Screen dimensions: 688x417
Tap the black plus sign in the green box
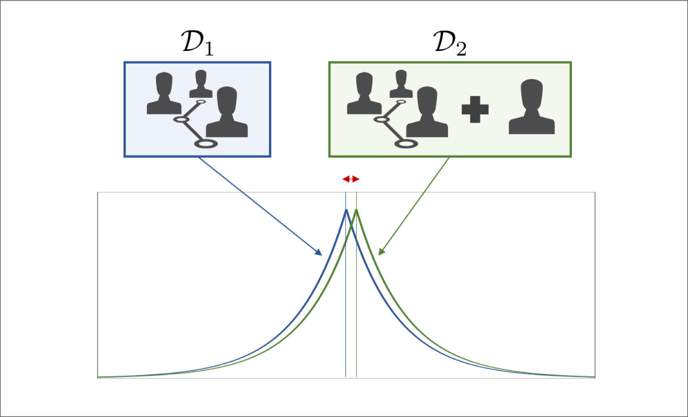pyautogui.click(x=475, y=109)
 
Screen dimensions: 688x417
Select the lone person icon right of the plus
pyautogui.click(x=532, y=107)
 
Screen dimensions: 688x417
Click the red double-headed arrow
pyautogui.click(x=351, y=179)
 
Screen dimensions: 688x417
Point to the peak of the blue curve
pyautogui.click(x=346, y=210)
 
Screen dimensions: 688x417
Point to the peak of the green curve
pyautogui.click(x=356, y=210)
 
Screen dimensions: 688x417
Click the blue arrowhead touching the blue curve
pyautogui.click(x=319, y=252)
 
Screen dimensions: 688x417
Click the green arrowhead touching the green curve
pyautogui.click(x=381, y=252)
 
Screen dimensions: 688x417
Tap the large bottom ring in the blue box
pyautogui.click(x=206, y=143)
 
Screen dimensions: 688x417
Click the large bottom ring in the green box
pyautogui.click(x=406, y=143)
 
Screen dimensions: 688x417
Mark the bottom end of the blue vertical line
pyautogui.click(x=346, y=376)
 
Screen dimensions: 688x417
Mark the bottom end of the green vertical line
pyautogui.click(x=356, y=376)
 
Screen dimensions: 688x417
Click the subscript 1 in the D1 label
pyautogui.click(x=209, y=49)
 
